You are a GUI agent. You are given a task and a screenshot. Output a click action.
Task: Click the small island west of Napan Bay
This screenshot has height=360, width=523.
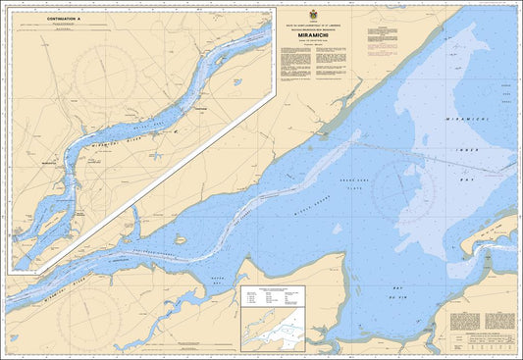(x=180, y=239)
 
